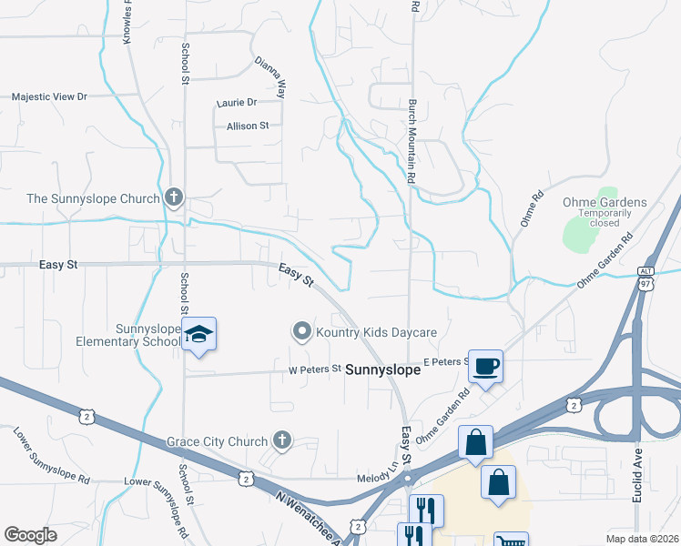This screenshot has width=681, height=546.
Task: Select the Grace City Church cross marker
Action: [282, 441]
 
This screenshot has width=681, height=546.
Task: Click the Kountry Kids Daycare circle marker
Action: [301, 332]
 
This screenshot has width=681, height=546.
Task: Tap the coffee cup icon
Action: [485, 366]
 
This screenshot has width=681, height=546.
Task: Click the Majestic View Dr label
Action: [49, 96]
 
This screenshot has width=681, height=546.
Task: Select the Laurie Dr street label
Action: [237, 103]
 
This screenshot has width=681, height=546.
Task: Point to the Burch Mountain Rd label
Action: [412, 142]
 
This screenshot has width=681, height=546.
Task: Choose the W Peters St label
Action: [314, 369]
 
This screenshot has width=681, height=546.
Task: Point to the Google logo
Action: [30, 535]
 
